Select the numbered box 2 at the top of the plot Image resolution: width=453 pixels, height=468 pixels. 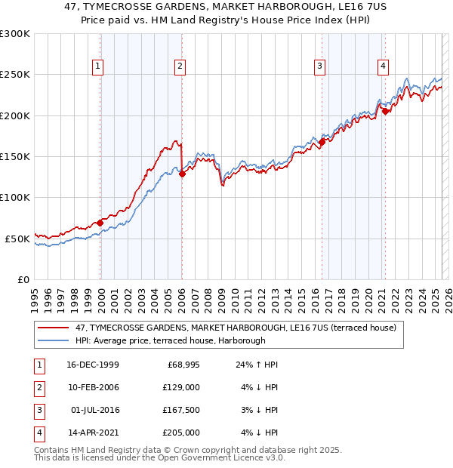click(x=180, y=66)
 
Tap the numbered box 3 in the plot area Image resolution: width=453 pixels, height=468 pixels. click(x=320, y=66)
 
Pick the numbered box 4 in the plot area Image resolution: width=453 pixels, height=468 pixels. click(x=384, y=66)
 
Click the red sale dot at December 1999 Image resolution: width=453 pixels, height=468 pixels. click(x=100, y=223)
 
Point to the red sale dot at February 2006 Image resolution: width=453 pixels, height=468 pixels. click(x=182, y=174)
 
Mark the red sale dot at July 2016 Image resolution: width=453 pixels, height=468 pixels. click(x=322, y=142)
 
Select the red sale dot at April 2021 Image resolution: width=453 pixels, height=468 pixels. click(x=385, y=111)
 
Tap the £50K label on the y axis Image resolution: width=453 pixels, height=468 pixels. click(x=17, y=239)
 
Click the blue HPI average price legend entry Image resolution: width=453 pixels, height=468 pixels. click(x=170, y=341)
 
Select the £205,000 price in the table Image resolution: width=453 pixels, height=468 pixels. click(x=180, y=433)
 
